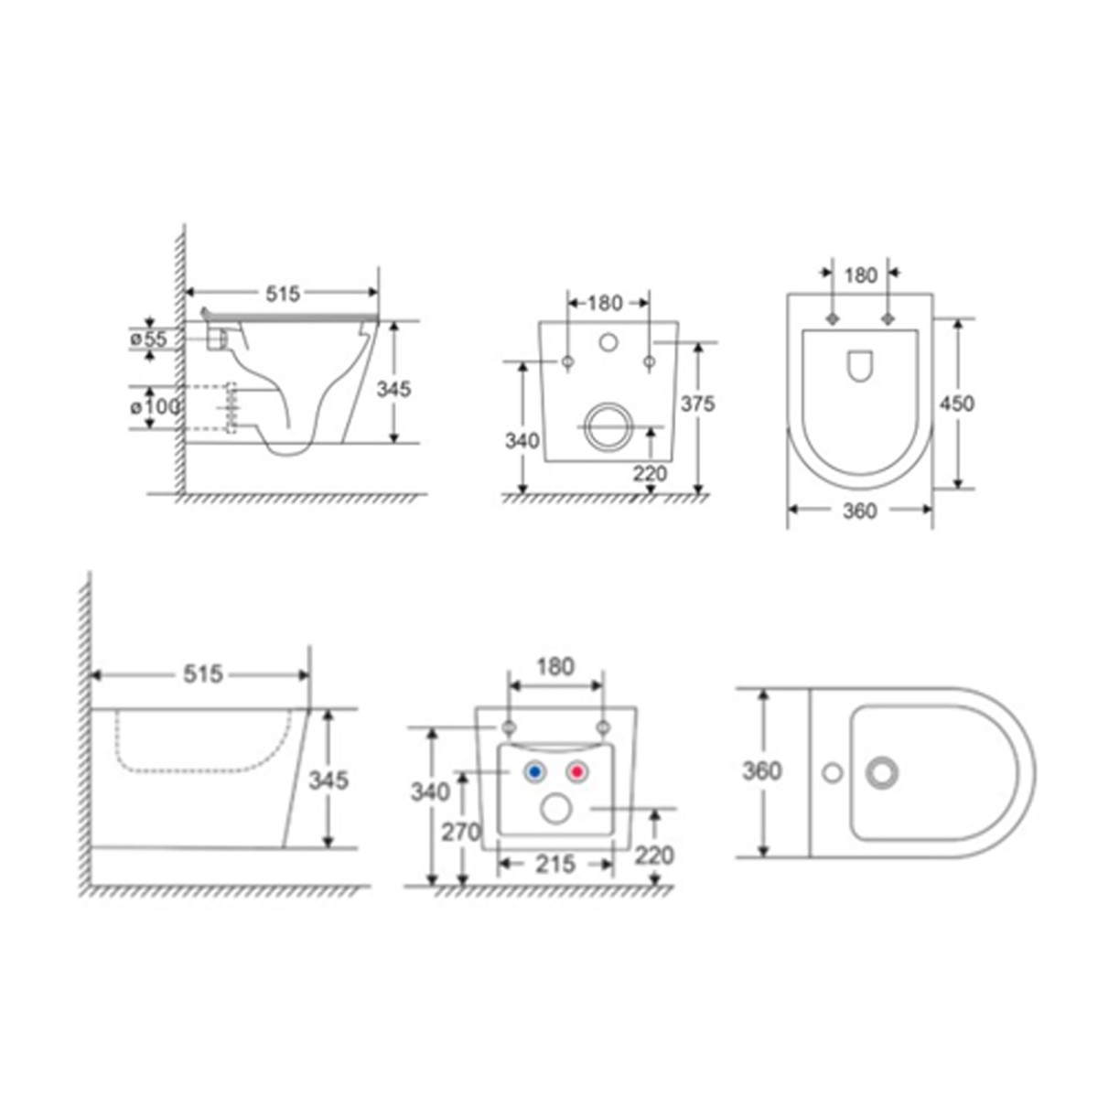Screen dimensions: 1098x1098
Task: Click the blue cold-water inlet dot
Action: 534,772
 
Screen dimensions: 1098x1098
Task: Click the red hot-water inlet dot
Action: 577,772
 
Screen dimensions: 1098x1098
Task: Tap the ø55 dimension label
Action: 149,339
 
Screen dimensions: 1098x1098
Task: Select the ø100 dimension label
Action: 155,407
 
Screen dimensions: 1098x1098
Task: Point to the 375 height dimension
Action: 697,404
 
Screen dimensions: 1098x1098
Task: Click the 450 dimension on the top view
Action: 957,404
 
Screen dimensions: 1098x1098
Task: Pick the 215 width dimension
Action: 555,864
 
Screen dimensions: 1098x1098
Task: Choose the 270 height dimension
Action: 461,833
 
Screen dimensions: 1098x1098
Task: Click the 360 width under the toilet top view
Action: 860,511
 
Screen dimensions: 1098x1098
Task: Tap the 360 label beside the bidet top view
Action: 761,771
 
